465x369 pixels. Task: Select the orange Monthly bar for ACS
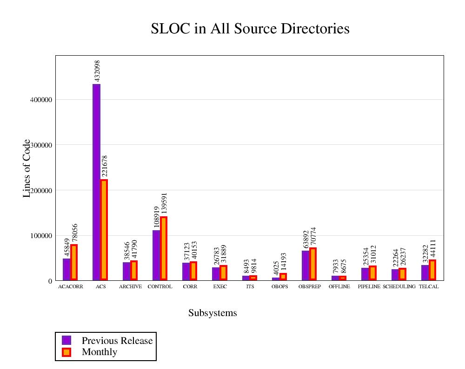click(104, 230)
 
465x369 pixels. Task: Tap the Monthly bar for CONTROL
click(164, 248)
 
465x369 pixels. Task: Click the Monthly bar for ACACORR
click(74, 262)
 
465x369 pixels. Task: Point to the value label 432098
click(97, 71)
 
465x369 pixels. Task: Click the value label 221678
click(105, 166)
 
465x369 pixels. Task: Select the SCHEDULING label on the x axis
click(399, 287)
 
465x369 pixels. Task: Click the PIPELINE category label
click(369, 287)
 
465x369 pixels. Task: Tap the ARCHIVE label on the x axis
click(130, 287)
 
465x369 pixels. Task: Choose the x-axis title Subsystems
click(213, 313)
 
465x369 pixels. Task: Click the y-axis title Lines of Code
click(27, 168)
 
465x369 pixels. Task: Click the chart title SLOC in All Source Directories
click(250, 29)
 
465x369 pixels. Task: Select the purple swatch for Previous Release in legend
click(66, 340)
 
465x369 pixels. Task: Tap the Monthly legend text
click(100, 352)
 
